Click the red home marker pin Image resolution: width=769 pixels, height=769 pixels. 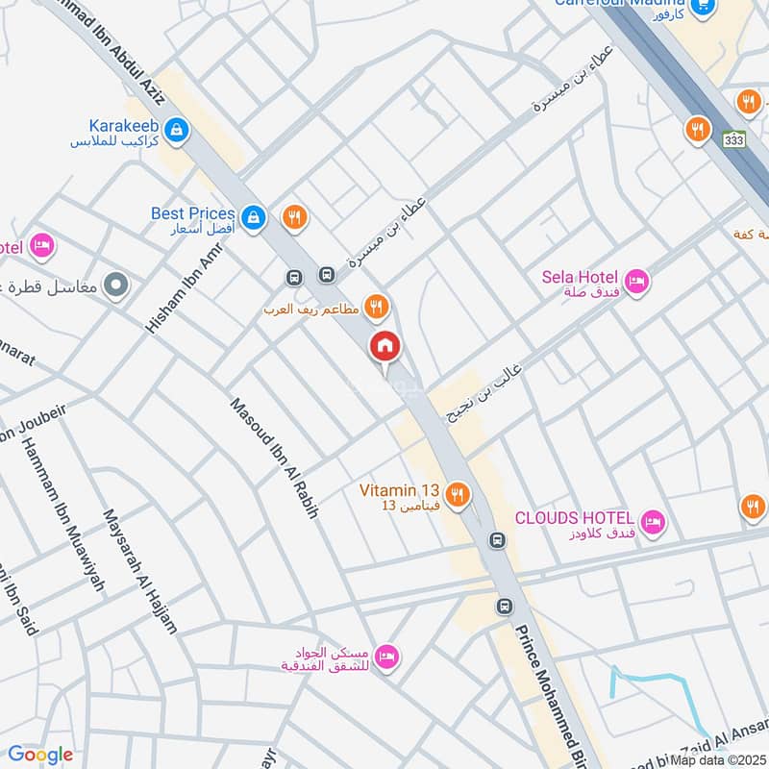[385, 347]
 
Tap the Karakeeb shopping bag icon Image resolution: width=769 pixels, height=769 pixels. [175, 128]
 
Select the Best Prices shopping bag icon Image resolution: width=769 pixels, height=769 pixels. [253, 217]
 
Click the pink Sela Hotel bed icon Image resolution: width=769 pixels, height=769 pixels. [636, 282]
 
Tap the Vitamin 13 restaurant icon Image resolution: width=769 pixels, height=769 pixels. [459, 494]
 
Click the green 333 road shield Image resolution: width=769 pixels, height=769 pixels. [734, 139]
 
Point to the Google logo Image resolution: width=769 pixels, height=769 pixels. [39, 755]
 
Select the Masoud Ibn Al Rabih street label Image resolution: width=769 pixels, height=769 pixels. [273, 459]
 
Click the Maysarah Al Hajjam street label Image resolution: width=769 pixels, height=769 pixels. [141, 570]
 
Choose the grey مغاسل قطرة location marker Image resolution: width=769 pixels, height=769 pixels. [116, 285]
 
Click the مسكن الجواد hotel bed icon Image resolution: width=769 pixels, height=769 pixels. [387, 657]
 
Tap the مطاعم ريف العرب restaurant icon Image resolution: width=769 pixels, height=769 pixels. [377, 307]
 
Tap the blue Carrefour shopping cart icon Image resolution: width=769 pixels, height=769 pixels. [706, 6]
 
